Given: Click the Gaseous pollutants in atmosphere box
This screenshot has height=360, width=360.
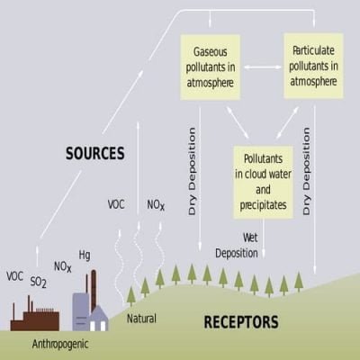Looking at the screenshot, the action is [210, 67].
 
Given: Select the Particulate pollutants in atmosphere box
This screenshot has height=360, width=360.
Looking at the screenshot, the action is [313, 66].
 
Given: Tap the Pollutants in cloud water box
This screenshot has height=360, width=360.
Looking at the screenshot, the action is [263, 182].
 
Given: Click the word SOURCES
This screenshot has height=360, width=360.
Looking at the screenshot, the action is [95, 153].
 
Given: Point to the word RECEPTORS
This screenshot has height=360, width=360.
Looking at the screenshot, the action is [241, 322].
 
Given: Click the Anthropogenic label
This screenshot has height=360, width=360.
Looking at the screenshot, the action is [60, 344].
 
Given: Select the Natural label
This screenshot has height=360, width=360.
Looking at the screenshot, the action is [141, 319].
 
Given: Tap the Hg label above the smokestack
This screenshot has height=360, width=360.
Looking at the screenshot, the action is [85, 256].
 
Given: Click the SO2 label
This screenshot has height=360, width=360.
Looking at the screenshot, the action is [39, 282].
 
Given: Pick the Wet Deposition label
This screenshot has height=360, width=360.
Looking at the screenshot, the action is [237, 246].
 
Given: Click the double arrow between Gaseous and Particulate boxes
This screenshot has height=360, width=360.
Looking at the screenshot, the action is [263, 67].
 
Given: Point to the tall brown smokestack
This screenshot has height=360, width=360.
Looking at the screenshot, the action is [94, 291].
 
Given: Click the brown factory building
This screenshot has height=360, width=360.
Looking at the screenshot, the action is [35, 317].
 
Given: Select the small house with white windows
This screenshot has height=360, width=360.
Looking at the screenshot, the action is [98, 319].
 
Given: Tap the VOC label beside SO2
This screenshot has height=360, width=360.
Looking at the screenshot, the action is [14, 276].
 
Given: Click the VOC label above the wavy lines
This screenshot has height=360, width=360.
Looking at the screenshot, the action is [116, 204].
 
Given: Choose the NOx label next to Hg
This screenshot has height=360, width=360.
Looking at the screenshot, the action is [63, 266].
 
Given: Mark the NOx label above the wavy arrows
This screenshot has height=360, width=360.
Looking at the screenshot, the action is [156, 205].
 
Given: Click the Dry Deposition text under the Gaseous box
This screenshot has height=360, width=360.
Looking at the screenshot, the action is [192, 171].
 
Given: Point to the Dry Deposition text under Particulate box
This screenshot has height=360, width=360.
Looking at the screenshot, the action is [306, 171].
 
